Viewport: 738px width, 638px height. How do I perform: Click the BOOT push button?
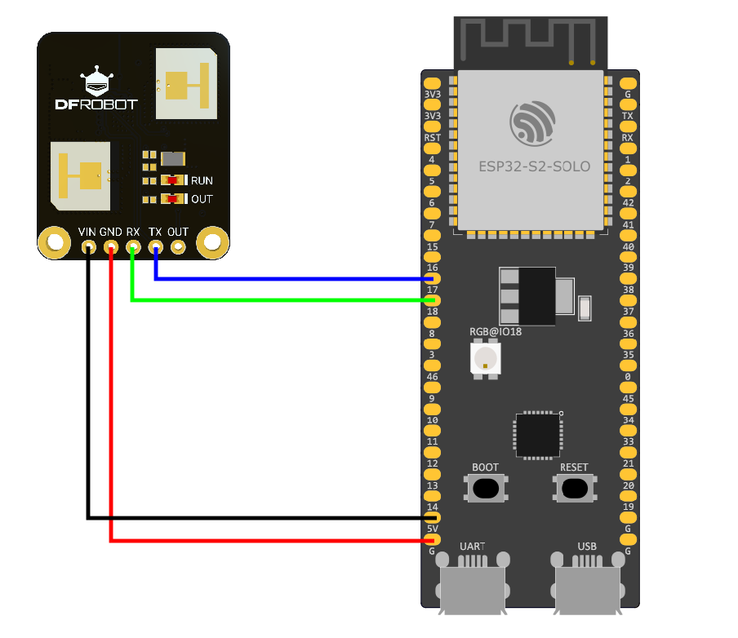click(x=486, y=488)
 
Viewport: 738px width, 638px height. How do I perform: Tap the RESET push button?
click(x=574, y=488)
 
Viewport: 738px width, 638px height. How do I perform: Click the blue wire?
click(x=294, y=279)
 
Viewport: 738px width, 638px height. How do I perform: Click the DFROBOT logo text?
click(x=96, y=104)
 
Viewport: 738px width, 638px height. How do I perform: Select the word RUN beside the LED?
click(x=202, y=180)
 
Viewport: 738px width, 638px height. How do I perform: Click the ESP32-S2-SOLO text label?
click(x=534, y=166)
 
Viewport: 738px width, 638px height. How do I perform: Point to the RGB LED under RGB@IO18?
click(x=486, y=358)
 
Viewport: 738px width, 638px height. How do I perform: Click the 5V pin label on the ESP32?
click(x=433, y=529)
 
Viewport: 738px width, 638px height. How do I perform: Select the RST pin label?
click(x=433, y=138)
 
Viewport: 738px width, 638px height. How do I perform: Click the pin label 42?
click(x=628, y=202)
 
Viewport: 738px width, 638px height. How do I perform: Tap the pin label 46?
click(x=433, y=377)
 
